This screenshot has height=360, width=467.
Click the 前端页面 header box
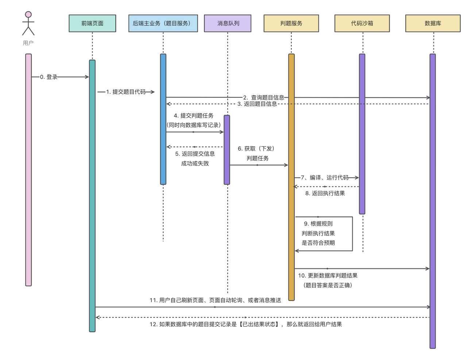pyautogui.click(x=92, y=23)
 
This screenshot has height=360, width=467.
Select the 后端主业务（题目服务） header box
pyautogui.click(x=163, y=23)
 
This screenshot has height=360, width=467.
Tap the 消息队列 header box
pyautogui.click(x=228, y=23)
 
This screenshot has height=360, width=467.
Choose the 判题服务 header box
pyautogui.click(x=291, y=23)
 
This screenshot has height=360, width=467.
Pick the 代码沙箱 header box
pyautogui.click(x=362, y=23)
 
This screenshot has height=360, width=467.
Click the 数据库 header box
pyautogui.click(x=433, y=23)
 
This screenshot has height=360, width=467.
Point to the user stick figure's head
pyautogui.click(x=28, y=15)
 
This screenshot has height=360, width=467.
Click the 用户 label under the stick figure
pyautogui.click(x=28, y=43)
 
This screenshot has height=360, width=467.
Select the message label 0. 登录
pyautogui.click(x=49, y=77)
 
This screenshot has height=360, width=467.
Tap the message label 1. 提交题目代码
pyautogui.click(x=126, y=92)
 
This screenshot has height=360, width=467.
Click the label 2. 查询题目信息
pyautogui.click(x=264, y=97)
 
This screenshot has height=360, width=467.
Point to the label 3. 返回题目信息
pyautogui.click(x=257, y=104)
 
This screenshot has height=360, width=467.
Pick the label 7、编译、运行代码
pyautogui.click(x=324, y=178)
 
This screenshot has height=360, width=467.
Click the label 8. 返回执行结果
pyautogui.click(x=325, y=193)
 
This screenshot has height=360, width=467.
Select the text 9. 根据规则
pyautogui.click(x=318, y=224)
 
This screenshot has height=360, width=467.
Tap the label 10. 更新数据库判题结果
pyautogui.click(x=328, y=276)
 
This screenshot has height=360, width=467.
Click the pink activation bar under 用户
pyautogui.click(x=28, y=170)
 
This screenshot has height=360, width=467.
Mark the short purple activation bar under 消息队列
pyautogui.click(x=227, y=150)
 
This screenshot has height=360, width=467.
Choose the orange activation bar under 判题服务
pyautogui.click(x=292, y=177)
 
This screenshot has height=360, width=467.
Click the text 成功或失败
pyautogui.click(x=195, y=163)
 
